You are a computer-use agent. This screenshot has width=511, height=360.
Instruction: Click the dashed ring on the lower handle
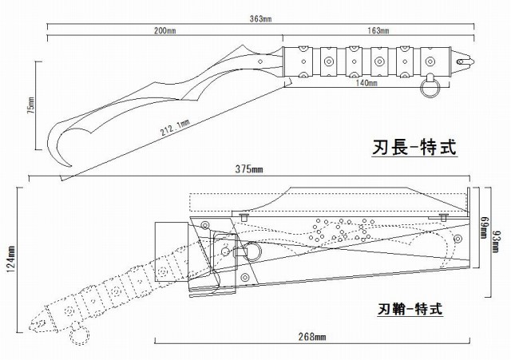(80, 334)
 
